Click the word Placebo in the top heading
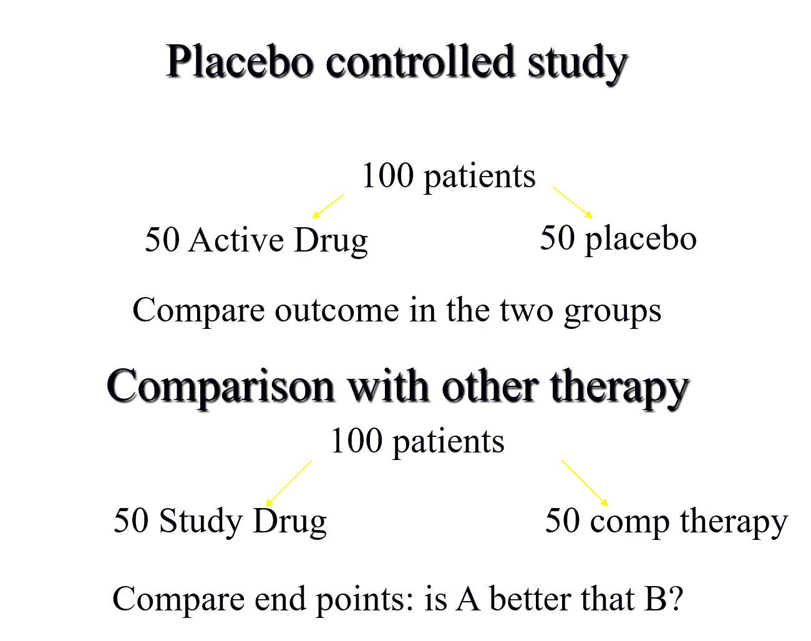tap(239, 61)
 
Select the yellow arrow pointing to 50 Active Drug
tap(328, 206)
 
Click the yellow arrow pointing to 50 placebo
tap(572, 202)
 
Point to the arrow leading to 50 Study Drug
tap(288, 483)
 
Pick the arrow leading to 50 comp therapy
tap(585, 483)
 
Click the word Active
tap(237, 240)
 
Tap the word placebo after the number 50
tap(640, 238)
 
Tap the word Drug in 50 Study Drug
tap(289, 521)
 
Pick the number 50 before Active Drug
tap(162, 240)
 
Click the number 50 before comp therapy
tap(562, 521)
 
